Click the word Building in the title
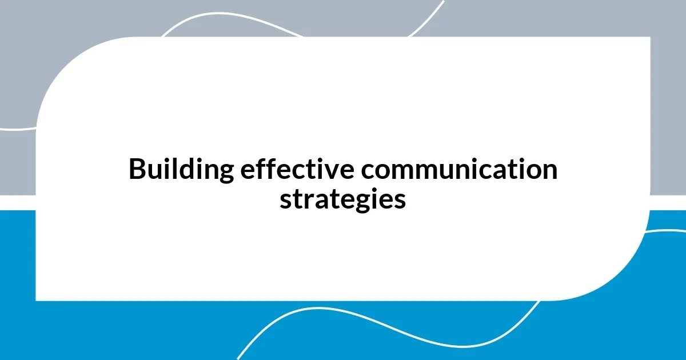point(181,170)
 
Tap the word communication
point(446,170)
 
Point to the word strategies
point(342,199)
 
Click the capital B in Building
point(137,170)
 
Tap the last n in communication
point(549,171)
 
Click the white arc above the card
point(229,16)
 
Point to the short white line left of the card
point(17,129)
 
